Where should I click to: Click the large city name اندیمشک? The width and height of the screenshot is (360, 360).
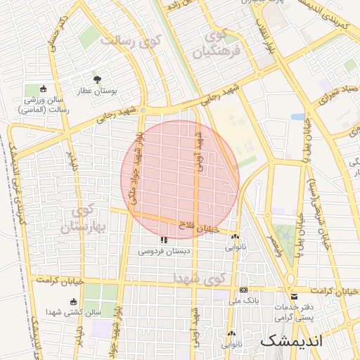click(x=291, y=341)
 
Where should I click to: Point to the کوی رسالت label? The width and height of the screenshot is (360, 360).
click(x=131, y=41)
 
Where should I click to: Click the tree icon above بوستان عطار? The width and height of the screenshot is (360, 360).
click(x=97, y=80)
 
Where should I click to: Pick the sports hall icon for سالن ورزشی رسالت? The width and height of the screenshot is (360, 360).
click(x=44, y=89)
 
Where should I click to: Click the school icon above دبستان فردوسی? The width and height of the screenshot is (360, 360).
click(x=164, y=240)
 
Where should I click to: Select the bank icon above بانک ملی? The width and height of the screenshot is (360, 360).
click(x=243, y=290)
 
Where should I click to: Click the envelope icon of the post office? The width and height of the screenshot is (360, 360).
click(x=295, y=296)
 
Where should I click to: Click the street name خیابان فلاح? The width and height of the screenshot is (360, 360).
click(x=205, y=227)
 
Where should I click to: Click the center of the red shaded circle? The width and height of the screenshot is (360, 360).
click(x=180, y=179)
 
